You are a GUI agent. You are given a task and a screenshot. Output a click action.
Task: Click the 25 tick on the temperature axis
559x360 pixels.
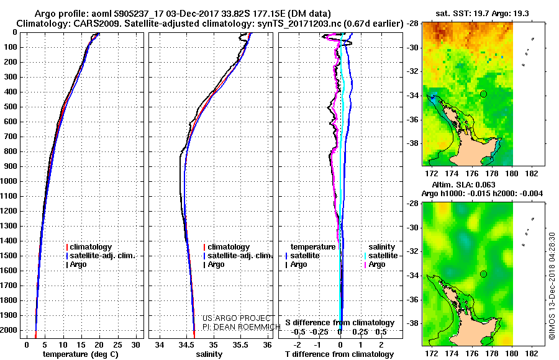pyautogui.click(x=117, y=345)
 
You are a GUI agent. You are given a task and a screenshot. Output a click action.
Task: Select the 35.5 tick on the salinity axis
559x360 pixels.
pyautogui.click(x=240, y=345)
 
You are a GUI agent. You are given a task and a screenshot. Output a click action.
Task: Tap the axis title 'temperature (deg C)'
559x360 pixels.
pyautogui.click(x=81, y=354)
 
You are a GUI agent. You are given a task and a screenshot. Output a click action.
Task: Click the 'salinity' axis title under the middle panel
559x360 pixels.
pyautogui.click(x=209, y=354)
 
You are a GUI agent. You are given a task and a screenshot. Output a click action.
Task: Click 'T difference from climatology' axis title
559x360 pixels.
pyautogui.click(x=339, y=354)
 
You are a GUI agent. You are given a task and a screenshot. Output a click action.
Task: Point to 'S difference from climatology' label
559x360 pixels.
pyautogui.click(x=340, y=323)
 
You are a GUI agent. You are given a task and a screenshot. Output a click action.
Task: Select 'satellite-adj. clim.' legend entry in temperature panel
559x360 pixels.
pyautogui.click(x=101, y=256)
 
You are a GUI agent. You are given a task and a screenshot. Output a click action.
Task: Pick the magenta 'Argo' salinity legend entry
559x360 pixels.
pyautogui.click(x=375, y=264)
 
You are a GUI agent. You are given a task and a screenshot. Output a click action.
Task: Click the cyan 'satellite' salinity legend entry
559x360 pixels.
pyautogui.click(x=381, y=256)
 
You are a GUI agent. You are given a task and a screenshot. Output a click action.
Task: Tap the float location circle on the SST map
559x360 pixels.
pyautogui.click(x=483, y=94)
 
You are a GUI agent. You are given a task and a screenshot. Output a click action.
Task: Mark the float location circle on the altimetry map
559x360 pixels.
pyautogui.click(x=483, y=274)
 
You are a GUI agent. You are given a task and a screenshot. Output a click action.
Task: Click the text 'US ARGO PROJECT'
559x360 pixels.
pyautogui.click(x=237, y=318)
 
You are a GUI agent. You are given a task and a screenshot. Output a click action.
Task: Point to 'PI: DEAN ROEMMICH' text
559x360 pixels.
pyautogui.click(x=242, y=327)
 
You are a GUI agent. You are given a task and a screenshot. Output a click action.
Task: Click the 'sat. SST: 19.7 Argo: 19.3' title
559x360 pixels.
pyautogui.click(x=482, y=14)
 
